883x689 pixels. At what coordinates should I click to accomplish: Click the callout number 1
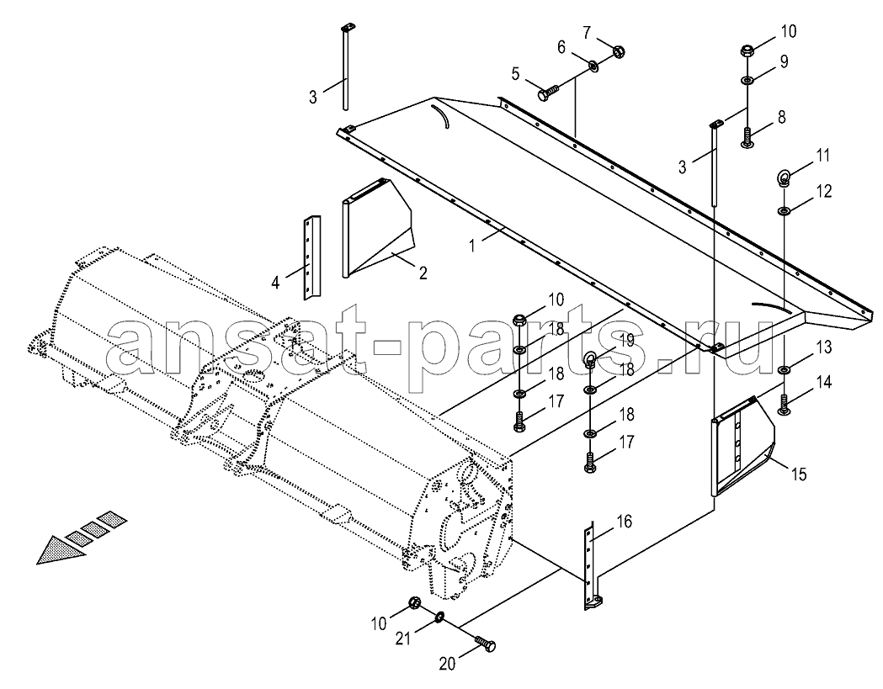point(474,246)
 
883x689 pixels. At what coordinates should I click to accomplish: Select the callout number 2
point(423,273)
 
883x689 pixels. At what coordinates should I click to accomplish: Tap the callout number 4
point(275,282)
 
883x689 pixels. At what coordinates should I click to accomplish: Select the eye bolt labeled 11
point(784,178)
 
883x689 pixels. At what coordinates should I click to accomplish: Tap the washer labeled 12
point(784,211)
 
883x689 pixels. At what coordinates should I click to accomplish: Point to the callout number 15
point(799,474)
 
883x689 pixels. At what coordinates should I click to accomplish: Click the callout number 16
point(625,522)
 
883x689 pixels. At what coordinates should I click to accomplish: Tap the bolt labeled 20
point(485,644)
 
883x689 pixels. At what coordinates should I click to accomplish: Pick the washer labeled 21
point(439,620)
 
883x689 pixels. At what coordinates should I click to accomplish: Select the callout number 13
point(823,347)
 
